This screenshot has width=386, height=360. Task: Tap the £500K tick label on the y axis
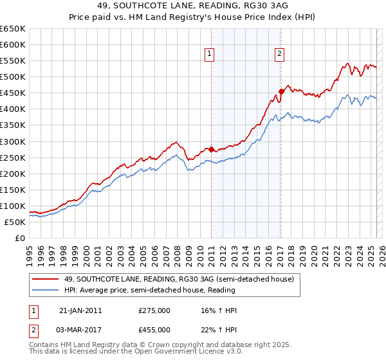click(13, 77)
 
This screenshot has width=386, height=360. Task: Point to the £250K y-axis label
click(13, 157)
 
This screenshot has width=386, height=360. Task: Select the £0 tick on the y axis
click(20, 238)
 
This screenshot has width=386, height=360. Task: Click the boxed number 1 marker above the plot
click(210, 54)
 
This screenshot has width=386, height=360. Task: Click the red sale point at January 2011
click(211, 149)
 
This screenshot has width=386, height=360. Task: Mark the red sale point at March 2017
click(281, 91)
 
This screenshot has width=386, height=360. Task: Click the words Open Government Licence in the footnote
click(178, 353)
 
